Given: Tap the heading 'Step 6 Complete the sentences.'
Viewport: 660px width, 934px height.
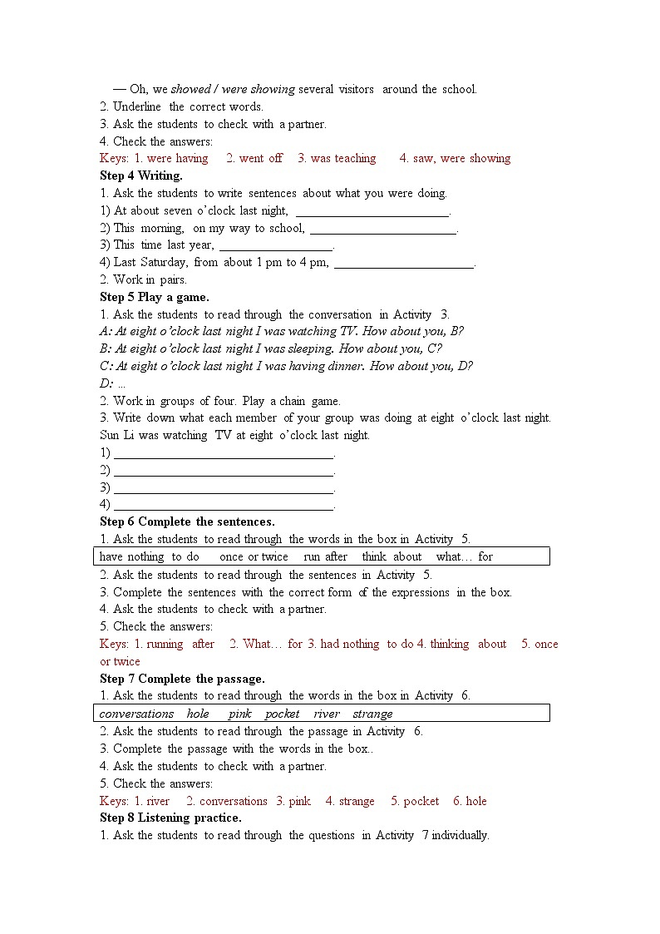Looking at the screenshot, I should [x=187, y=521].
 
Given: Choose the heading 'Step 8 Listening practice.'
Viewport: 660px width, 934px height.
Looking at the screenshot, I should [x=170, y=818].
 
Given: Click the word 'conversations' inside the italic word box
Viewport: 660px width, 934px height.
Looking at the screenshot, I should [x=136, y=714].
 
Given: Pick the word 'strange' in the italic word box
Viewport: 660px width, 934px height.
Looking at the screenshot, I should [x=372, y=714].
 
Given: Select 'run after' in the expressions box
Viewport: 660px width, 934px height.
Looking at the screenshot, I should [x=326, y=556].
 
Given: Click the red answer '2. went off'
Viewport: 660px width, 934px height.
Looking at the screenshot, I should [x=254, y=158].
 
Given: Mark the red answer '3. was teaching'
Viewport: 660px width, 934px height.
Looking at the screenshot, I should [x=337, y=158].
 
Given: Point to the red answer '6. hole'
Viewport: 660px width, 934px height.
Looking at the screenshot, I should [x=470, y=801].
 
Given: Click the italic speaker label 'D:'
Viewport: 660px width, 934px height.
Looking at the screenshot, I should [x=106, y=383].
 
